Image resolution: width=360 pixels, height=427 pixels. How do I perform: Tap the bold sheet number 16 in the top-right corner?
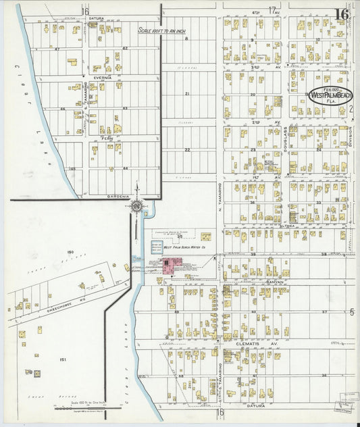point(341,14)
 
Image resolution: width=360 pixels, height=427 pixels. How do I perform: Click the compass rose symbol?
point(137,205)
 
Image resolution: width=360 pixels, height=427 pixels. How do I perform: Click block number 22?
point(187,150)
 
